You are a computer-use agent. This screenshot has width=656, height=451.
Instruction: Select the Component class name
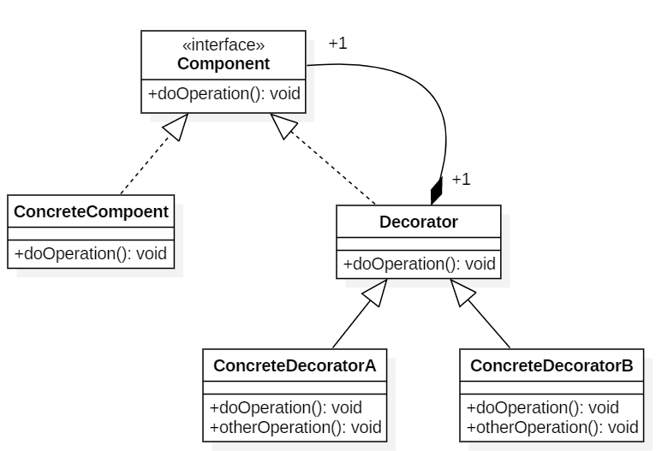point(224,63)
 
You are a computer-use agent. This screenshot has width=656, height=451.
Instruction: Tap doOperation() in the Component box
point(224,94)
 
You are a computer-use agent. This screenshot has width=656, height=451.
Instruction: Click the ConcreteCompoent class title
point(92,211)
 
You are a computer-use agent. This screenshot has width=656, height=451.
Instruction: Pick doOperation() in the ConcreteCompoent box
point(92,254)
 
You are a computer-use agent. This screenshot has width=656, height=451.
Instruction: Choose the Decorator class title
point(418,222)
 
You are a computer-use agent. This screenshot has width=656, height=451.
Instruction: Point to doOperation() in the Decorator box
point(419,264)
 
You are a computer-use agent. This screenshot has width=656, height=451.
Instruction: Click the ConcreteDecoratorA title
point(295,366)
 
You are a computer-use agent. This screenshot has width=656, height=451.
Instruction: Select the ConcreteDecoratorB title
point(552,366)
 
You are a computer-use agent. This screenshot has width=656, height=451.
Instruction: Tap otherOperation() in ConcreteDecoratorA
point(295,426)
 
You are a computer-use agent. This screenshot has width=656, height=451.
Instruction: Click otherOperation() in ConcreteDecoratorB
point(552,426)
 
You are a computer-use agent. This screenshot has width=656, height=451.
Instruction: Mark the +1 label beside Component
point(337,43)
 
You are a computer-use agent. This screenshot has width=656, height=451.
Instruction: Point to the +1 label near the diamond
point(461,179)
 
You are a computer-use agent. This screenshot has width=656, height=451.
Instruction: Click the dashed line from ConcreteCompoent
point(141,168)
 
